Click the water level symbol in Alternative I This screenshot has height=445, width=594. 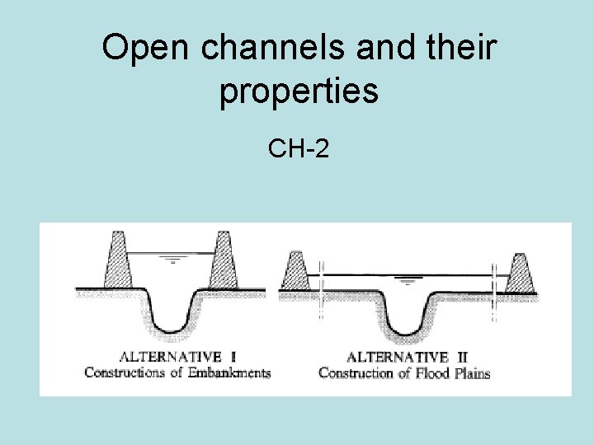(173, 261)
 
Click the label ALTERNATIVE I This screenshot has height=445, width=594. (178, 357)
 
